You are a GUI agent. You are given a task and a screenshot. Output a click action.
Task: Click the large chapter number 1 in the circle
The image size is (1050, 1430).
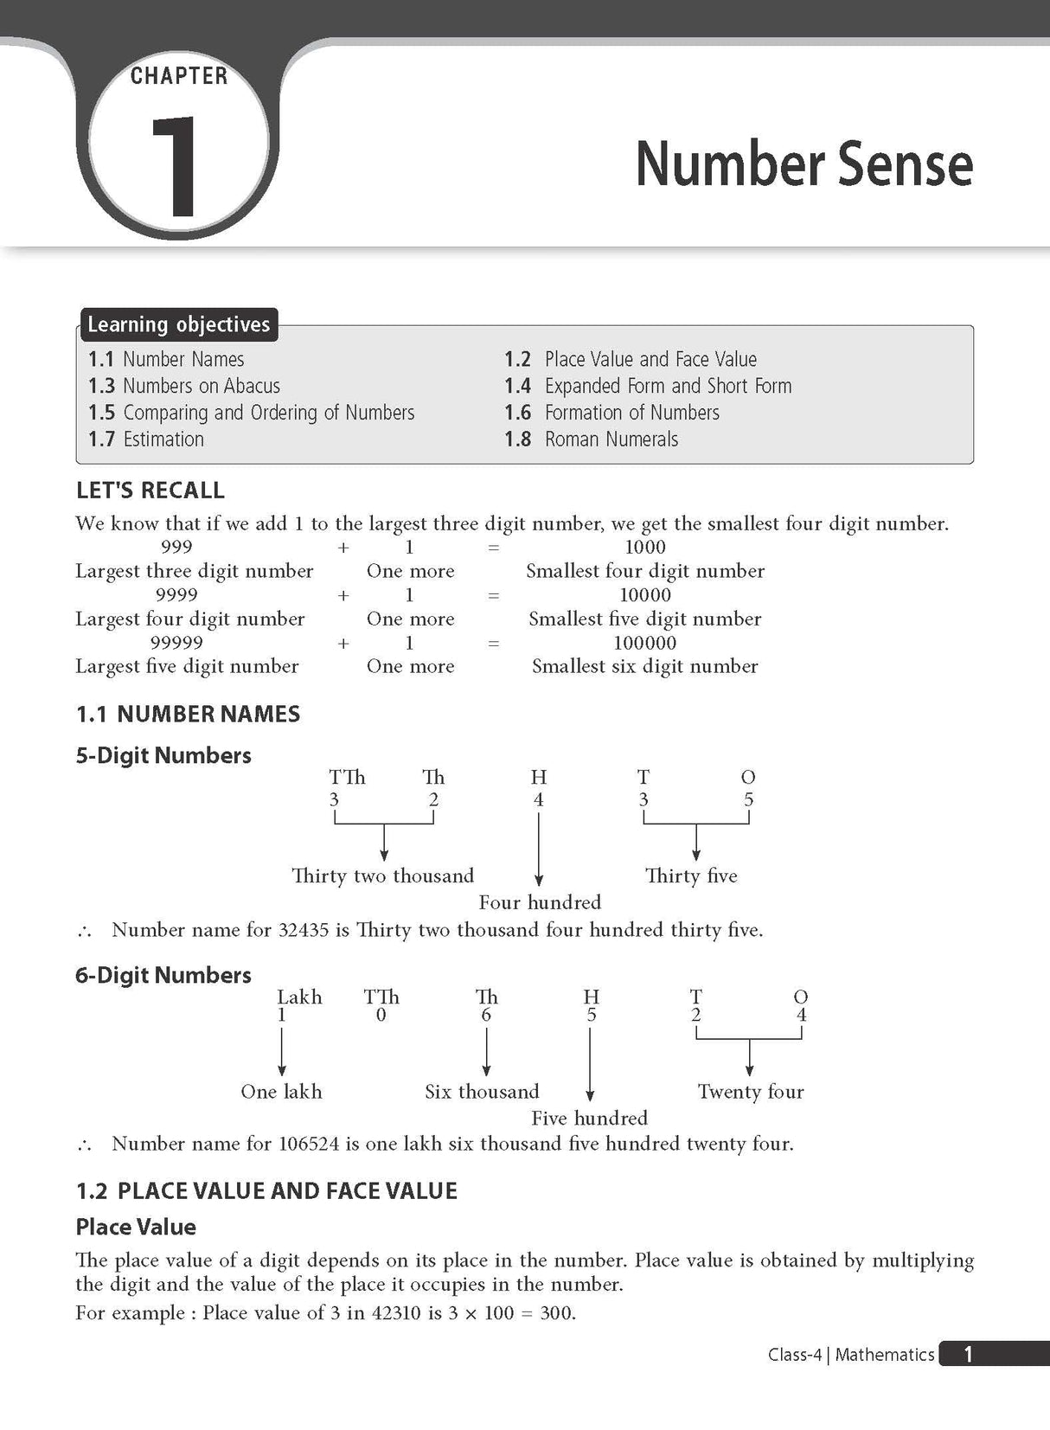coord(176,165)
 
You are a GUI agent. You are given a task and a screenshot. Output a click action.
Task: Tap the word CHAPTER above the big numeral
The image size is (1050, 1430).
coord(179,76)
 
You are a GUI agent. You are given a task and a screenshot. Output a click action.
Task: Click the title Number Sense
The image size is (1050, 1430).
coord(804,164)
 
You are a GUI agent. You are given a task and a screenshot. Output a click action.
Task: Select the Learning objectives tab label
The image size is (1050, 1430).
coord(178,324)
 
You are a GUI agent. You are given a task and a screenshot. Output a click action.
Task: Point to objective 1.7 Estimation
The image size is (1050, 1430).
coord(146,439)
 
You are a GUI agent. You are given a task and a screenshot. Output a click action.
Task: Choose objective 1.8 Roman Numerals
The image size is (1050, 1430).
coord(592,439)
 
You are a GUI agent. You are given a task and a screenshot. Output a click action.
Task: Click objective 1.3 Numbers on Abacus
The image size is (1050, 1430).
coord(184,386)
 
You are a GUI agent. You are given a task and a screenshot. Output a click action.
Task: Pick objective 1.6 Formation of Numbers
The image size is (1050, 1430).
coord(612,413)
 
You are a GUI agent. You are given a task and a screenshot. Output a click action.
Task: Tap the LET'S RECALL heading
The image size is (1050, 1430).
coord(150,491)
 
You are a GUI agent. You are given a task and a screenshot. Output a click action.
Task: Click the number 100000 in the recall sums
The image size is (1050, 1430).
coord(645,643)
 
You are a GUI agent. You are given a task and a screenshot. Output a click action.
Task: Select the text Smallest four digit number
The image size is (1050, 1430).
coord(645,571)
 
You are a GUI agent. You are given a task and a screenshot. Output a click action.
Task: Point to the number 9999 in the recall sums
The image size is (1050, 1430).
coord(176,595)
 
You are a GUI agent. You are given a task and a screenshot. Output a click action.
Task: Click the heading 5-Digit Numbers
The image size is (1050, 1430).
coord(163,755)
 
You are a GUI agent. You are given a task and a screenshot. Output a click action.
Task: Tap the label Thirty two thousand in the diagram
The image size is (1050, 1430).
coord(382,875)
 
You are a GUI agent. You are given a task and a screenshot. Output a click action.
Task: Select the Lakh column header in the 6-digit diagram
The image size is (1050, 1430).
coord(299,997)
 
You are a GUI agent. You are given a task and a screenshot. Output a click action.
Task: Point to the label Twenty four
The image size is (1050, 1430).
coord(751,1092)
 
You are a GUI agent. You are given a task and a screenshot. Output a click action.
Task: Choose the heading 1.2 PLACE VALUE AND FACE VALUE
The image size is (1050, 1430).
coord(266,1191)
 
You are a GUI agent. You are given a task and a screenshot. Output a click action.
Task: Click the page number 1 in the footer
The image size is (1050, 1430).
coord(968,1354)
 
